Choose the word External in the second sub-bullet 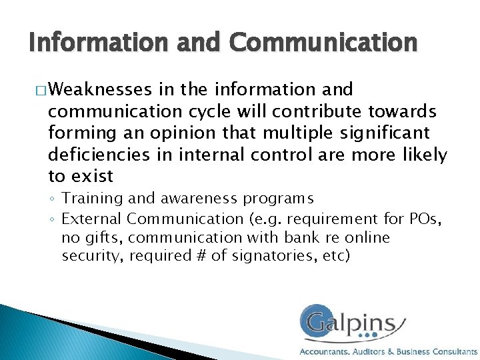pos(91,218)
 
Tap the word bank pos(309,237)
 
